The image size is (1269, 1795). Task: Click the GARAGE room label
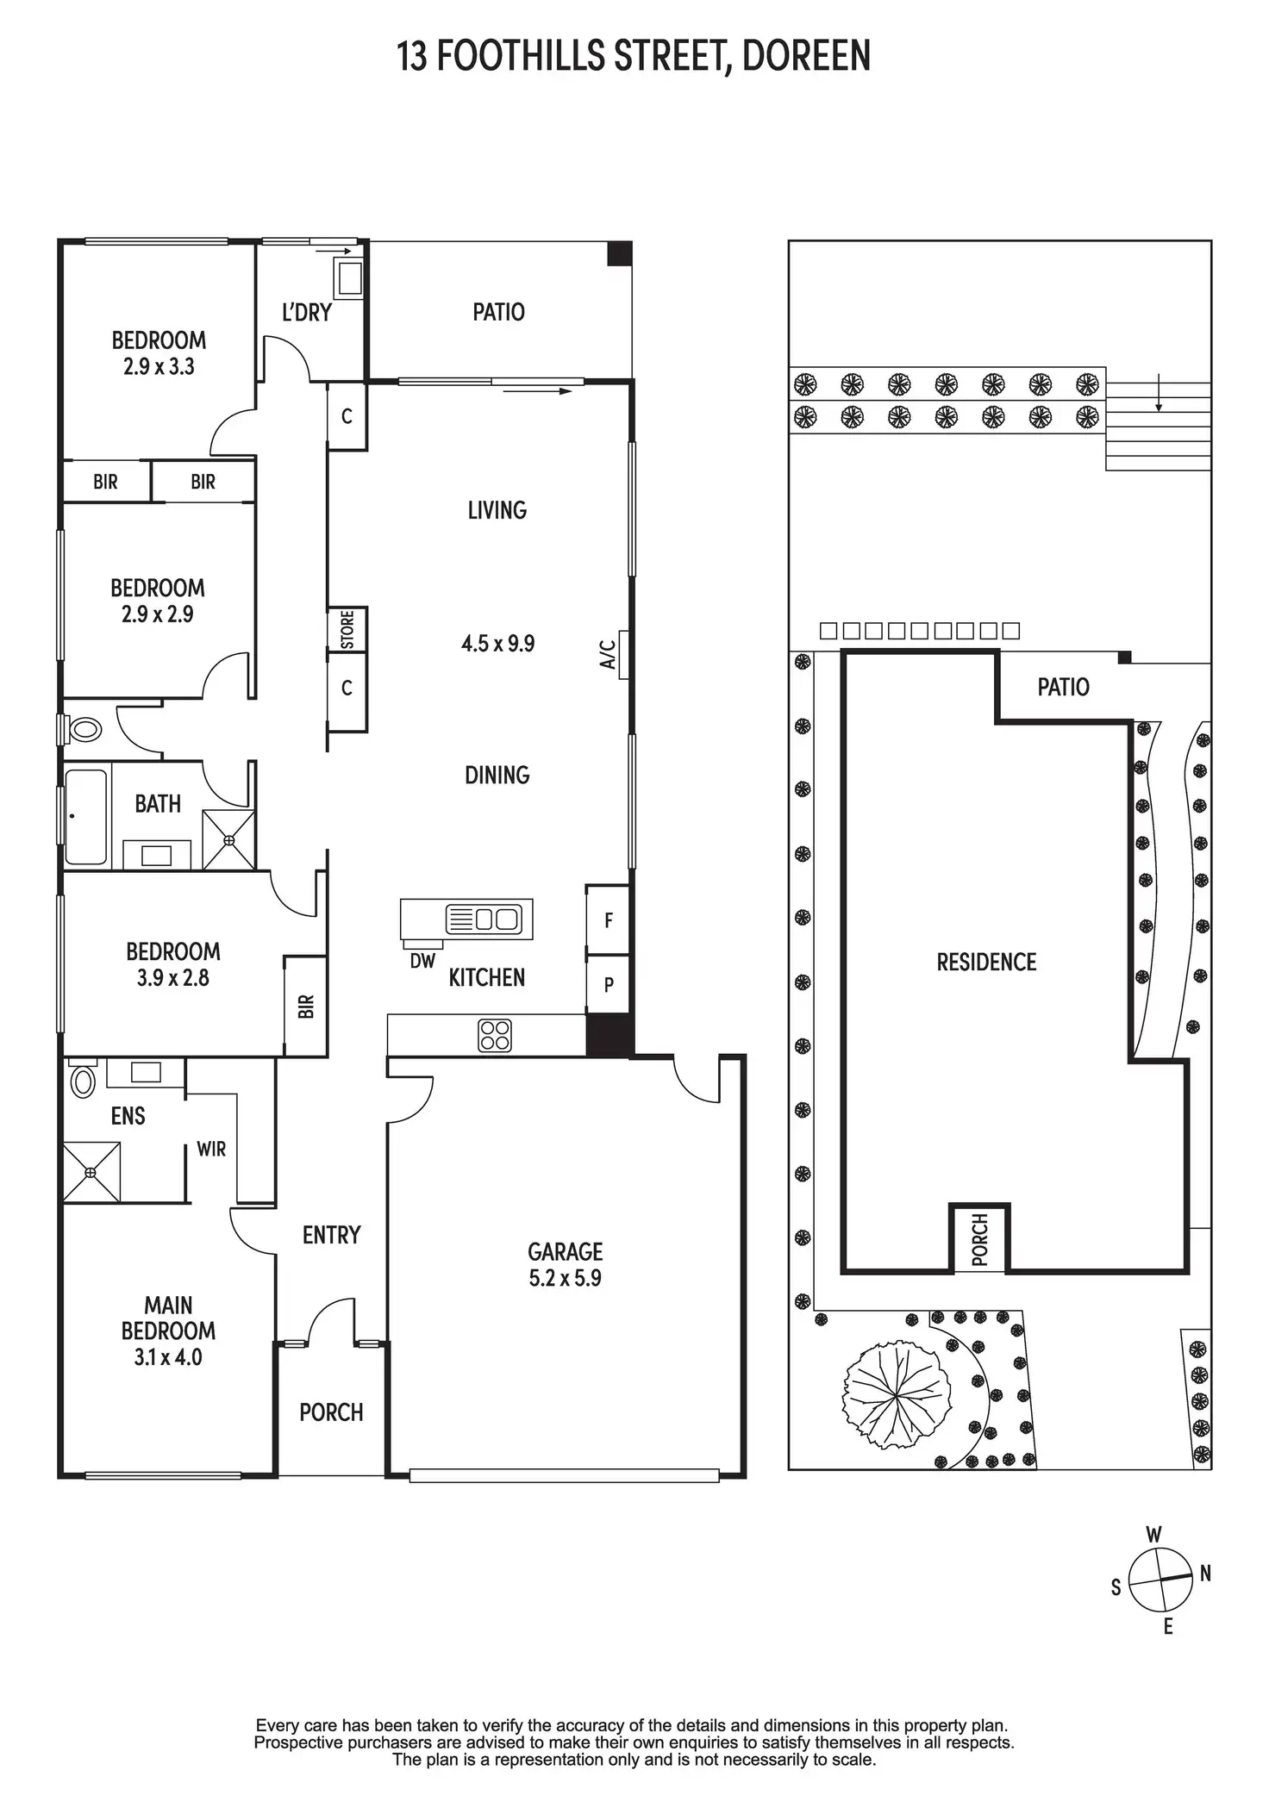[x=565, y=1250]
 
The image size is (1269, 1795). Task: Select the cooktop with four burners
[x=494, y=1035]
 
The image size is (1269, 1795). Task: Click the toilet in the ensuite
[x=83, y=1081]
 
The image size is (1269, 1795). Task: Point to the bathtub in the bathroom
[x=86, y=816]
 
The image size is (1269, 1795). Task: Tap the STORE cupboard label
[x=347, y=629]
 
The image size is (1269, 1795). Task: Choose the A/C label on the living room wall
[x=609, y=654]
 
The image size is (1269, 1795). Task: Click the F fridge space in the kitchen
[x=609, y=920]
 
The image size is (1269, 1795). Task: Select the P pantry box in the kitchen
[x=609, y=984]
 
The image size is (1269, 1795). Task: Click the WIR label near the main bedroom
[x=211, y=1149]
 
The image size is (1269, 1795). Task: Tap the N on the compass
[x=1205, y=1573]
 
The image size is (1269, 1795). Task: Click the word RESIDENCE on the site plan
[x=986, y=962]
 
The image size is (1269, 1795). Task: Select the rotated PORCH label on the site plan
[x=979, y=1239]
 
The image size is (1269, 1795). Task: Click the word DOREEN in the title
[x=806, y=56]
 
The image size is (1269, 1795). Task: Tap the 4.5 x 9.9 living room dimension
[x=497, y=644]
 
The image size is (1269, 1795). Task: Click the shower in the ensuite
[x=91, y=1172]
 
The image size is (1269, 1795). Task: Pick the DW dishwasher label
[x=422, y=961]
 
